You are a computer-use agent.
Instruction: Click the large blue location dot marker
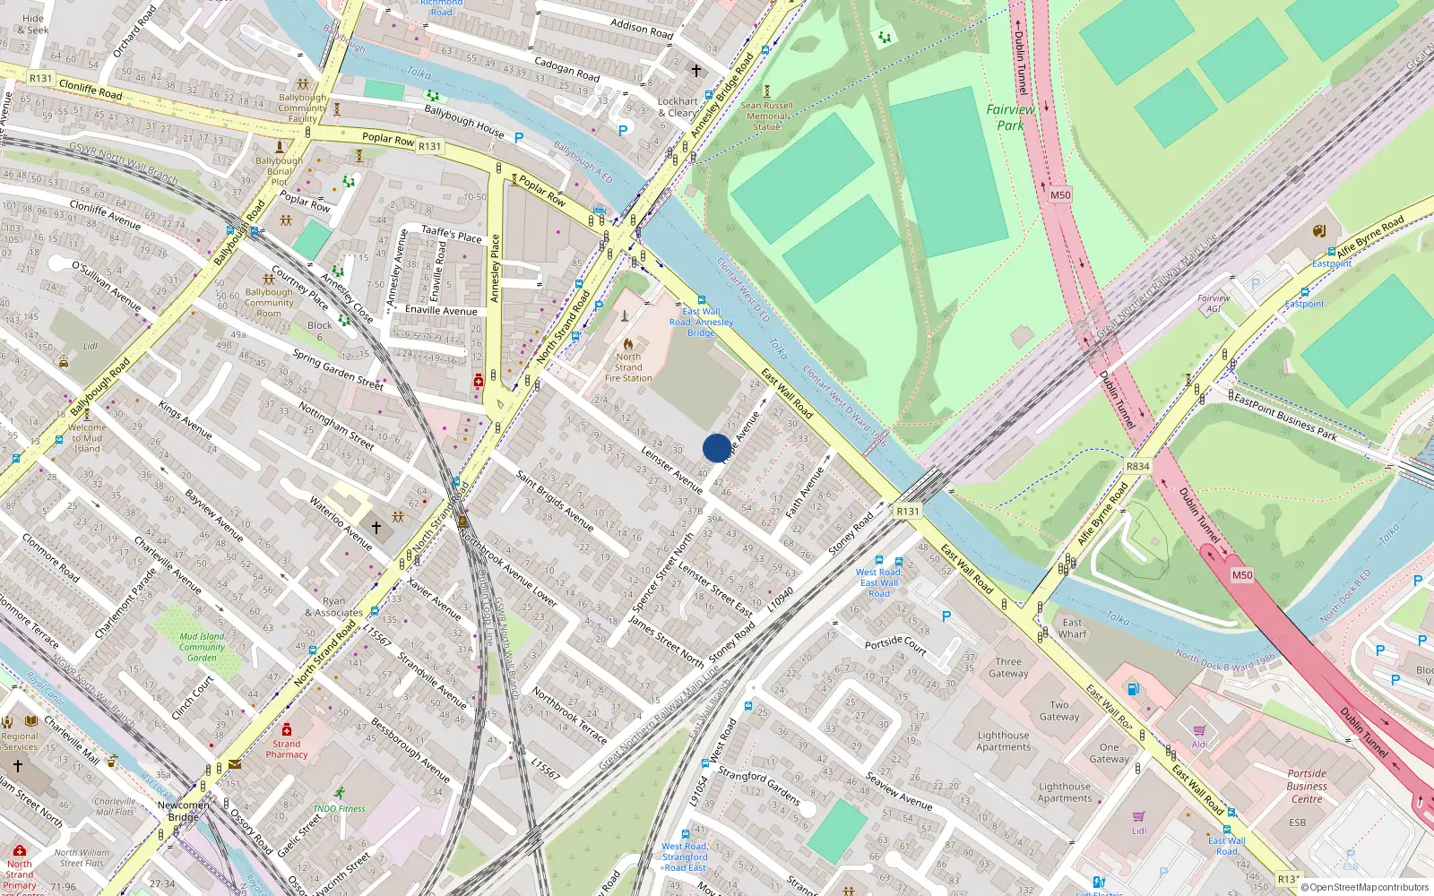pos(716,448)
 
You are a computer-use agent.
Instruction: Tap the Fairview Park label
pos(1010,117)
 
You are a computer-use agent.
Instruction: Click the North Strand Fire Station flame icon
pos(628,343)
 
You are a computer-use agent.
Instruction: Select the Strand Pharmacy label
pos(287,749)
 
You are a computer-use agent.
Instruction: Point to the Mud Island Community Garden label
pos(202,647)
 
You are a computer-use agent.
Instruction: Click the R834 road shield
pos(1137,466)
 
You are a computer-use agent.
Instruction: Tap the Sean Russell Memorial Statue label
pos(766,116)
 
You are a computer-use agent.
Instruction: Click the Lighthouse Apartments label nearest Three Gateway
pos(1003,741)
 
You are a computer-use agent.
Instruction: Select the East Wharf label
pos(1072,628)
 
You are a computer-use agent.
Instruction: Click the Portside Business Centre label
pos(1307,786)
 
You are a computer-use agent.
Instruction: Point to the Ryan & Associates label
pos(333,607)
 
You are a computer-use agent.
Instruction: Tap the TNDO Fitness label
pos(339,808)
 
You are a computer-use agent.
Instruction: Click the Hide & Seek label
pos(33,24)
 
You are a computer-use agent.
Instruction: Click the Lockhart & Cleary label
pos(678,108)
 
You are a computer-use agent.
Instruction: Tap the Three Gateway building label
pos(1008,668)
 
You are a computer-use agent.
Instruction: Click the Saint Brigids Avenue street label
pos(554,499)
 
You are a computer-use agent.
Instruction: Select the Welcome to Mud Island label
pos(87,438)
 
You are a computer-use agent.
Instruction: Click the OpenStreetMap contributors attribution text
pos(1364,887)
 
